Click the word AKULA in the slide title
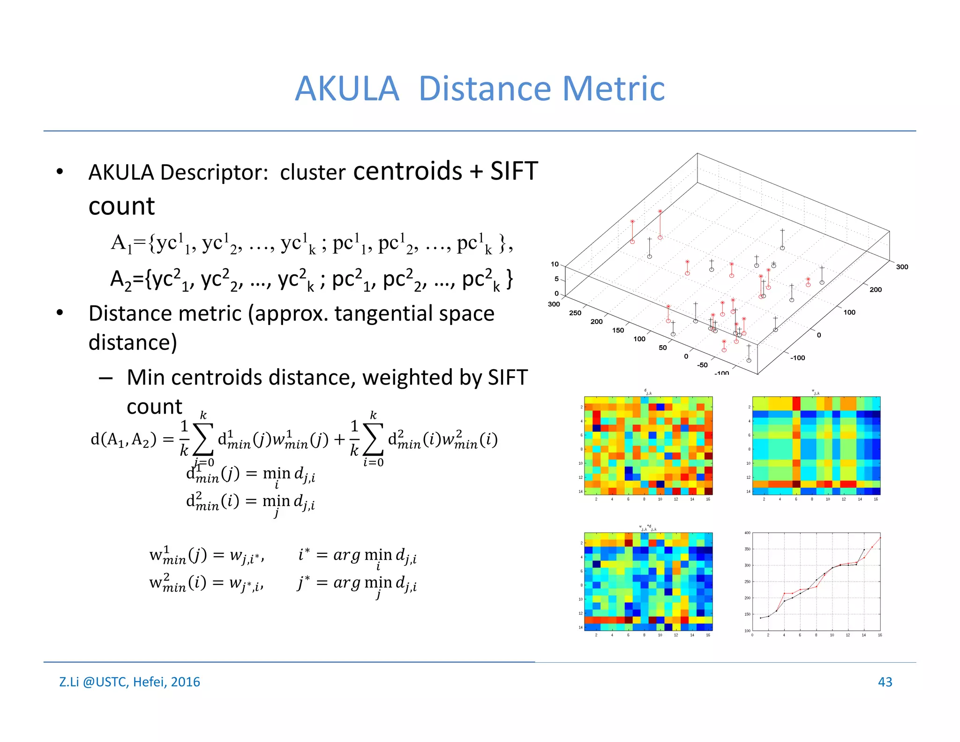347,89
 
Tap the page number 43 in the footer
885,681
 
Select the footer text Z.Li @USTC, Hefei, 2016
129,681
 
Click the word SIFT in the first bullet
514,171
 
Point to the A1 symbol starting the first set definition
121,244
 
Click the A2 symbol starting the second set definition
120,280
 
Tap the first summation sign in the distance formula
203,439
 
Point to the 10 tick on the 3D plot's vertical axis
555,264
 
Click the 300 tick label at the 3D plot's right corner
902,267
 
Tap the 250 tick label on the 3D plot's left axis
575,313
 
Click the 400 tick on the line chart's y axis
747,533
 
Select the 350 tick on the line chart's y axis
747,549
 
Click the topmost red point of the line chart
880,538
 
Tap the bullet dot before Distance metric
60,313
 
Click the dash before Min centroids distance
105,378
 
